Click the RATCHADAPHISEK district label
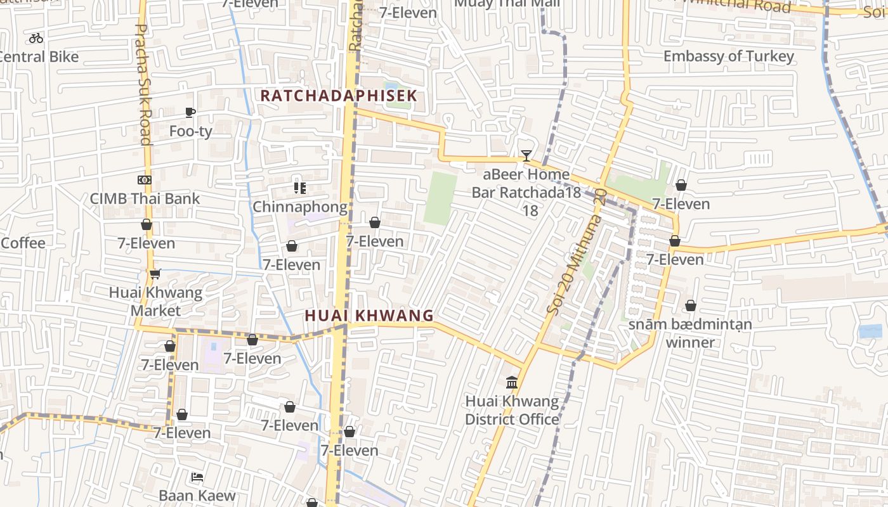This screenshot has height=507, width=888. [339, 96]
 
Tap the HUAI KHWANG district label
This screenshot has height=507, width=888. [369, 315]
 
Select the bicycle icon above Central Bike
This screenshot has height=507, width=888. [36, 38]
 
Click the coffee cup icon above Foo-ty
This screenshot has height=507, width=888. [190, 113]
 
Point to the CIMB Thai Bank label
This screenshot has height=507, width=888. [145, 198]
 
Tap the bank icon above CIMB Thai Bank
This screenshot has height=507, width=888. [145, 180]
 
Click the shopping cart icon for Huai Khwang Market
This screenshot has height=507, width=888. [155, 274]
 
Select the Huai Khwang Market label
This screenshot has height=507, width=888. [155, 302]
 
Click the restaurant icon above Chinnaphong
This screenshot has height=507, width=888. [300, 188]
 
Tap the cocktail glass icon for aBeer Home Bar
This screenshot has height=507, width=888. [526, 155]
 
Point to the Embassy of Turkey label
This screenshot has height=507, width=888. [728, 56]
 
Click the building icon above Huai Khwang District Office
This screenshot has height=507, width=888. [512, 382]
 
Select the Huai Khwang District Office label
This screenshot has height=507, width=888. [512, 410]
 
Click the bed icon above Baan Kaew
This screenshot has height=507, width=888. [197, 477]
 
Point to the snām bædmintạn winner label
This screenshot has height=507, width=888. [690, 333]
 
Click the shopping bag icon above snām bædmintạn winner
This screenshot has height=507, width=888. [690, 306]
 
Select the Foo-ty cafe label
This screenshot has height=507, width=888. [191, 131]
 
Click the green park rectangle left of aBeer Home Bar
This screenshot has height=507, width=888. [440, 198]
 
